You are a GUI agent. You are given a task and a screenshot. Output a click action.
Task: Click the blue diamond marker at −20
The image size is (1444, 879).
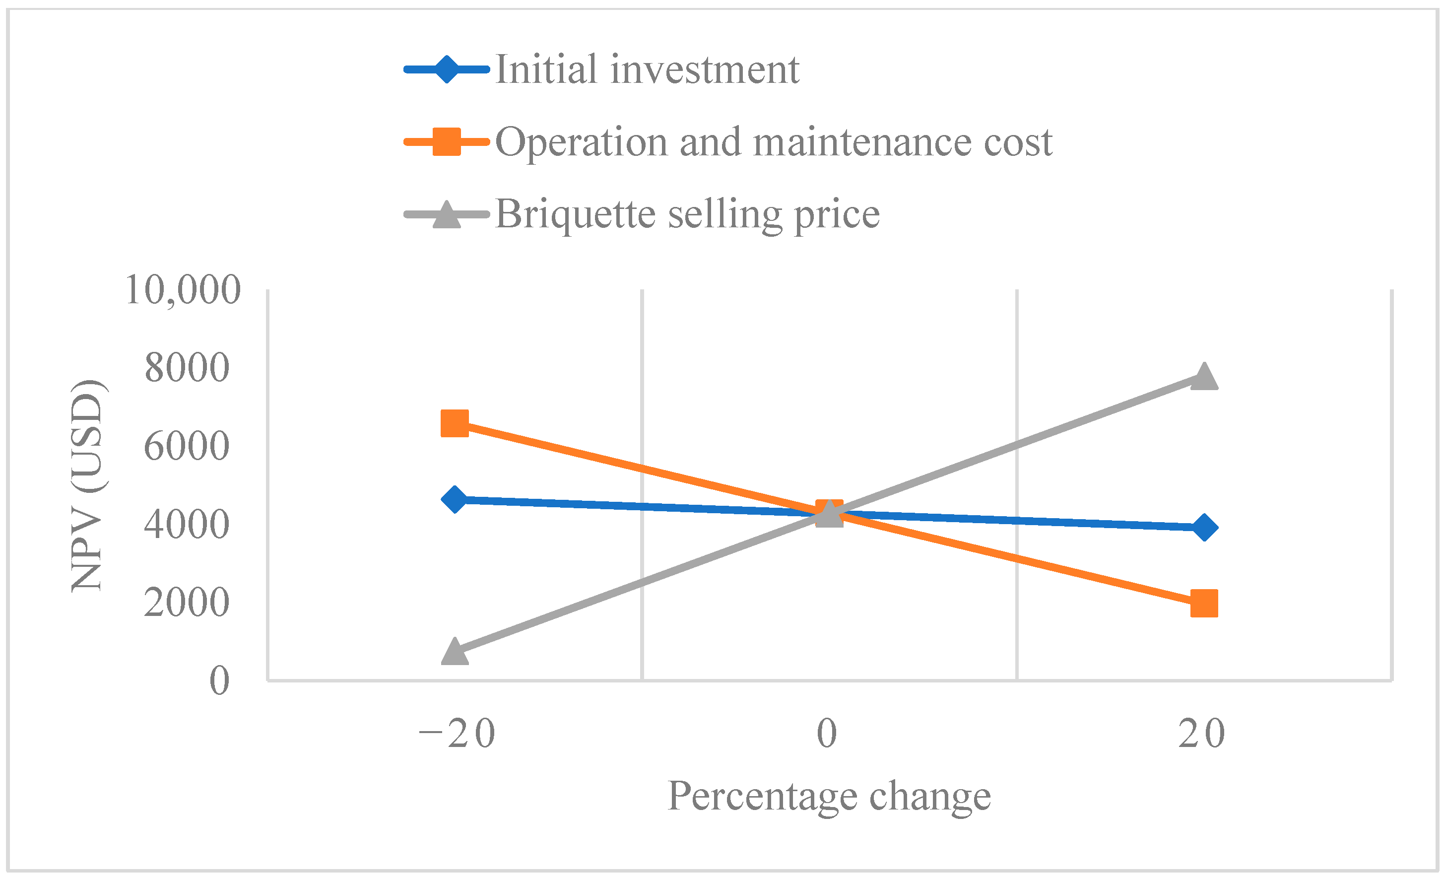pyautogui.click(x=455, y=499)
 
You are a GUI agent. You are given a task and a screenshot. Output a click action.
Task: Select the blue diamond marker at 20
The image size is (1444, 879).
pyautogui.click(x=1204, y=528)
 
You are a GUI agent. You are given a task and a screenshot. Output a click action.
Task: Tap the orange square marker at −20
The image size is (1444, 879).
pyautogui.click(x=455, y=423)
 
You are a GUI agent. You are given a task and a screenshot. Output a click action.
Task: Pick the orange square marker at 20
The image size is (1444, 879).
pyautogui.click(x=1204, y=604)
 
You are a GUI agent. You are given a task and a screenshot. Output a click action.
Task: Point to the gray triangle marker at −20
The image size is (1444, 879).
pyautogui.click(x=455, y=652)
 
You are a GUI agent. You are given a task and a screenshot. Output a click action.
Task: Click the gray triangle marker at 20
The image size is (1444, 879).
pyautogui.click(x=1204, y=377)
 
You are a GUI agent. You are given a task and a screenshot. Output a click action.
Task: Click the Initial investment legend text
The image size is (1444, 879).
pyautogui.click(x=647, y=69)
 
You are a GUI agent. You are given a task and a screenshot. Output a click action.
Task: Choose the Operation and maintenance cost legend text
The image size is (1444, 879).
pyautogui.click(x=774, y=142)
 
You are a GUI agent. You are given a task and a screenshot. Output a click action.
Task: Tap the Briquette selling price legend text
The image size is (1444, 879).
pyautogui.click(x=687, y=214)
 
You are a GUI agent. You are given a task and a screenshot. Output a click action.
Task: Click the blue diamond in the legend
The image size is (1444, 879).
pyautogui.click(x=447, y=69)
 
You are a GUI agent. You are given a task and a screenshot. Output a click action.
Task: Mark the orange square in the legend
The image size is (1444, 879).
pyautogui.click(x=447, y=142)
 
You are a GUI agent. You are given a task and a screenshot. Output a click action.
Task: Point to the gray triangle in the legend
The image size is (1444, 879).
pyautogui.click(x=447, y=214)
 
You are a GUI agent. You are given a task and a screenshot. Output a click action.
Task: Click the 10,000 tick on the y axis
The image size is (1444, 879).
pyautogui.click(x=183, y=289)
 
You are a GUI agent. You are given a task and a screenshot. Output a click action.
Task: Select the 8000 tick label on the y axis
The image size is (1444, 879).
pyautogui.click(x=187, y=368)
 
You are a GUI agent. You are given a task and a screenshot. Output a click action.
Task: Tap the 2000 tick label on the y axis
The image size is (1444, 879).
pyautogui.click(x=187, y=603)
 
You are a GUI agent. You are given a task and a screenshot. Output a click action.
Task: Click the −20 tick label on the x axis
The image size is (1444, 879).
pyautogui.click(x=457, y=734)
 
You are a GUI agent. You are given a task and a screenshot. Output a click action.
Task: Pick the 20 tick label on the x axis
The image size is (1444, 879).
pyautogui.click(x=1202, y=734)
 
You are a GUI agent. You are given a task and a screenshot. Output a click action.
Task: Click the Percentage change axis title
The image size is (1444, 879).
pyautogui.click(x=829, y=797)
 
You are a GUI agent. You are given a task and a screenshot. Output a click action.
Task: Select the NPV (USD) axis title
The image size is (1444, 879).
pyautogui.click(x=88, y=485)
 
